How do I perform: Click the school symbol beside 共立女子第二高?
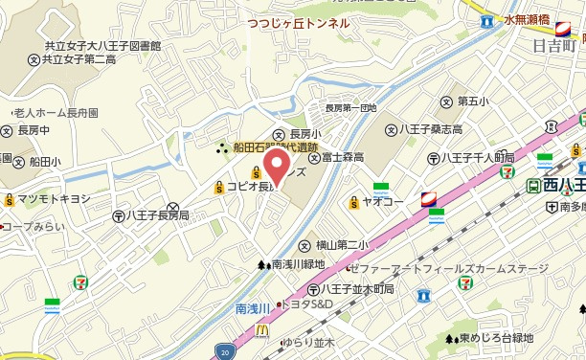34,59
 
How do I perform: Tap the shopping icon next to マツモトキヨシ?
10,199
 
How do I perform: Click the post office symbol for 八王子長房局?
118,216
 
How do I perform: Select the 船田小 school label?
46,161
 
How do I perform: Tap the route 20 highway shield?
222,351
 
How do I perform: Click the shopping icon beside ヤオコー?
354,202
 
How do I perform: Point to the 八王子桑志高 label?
431,129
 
